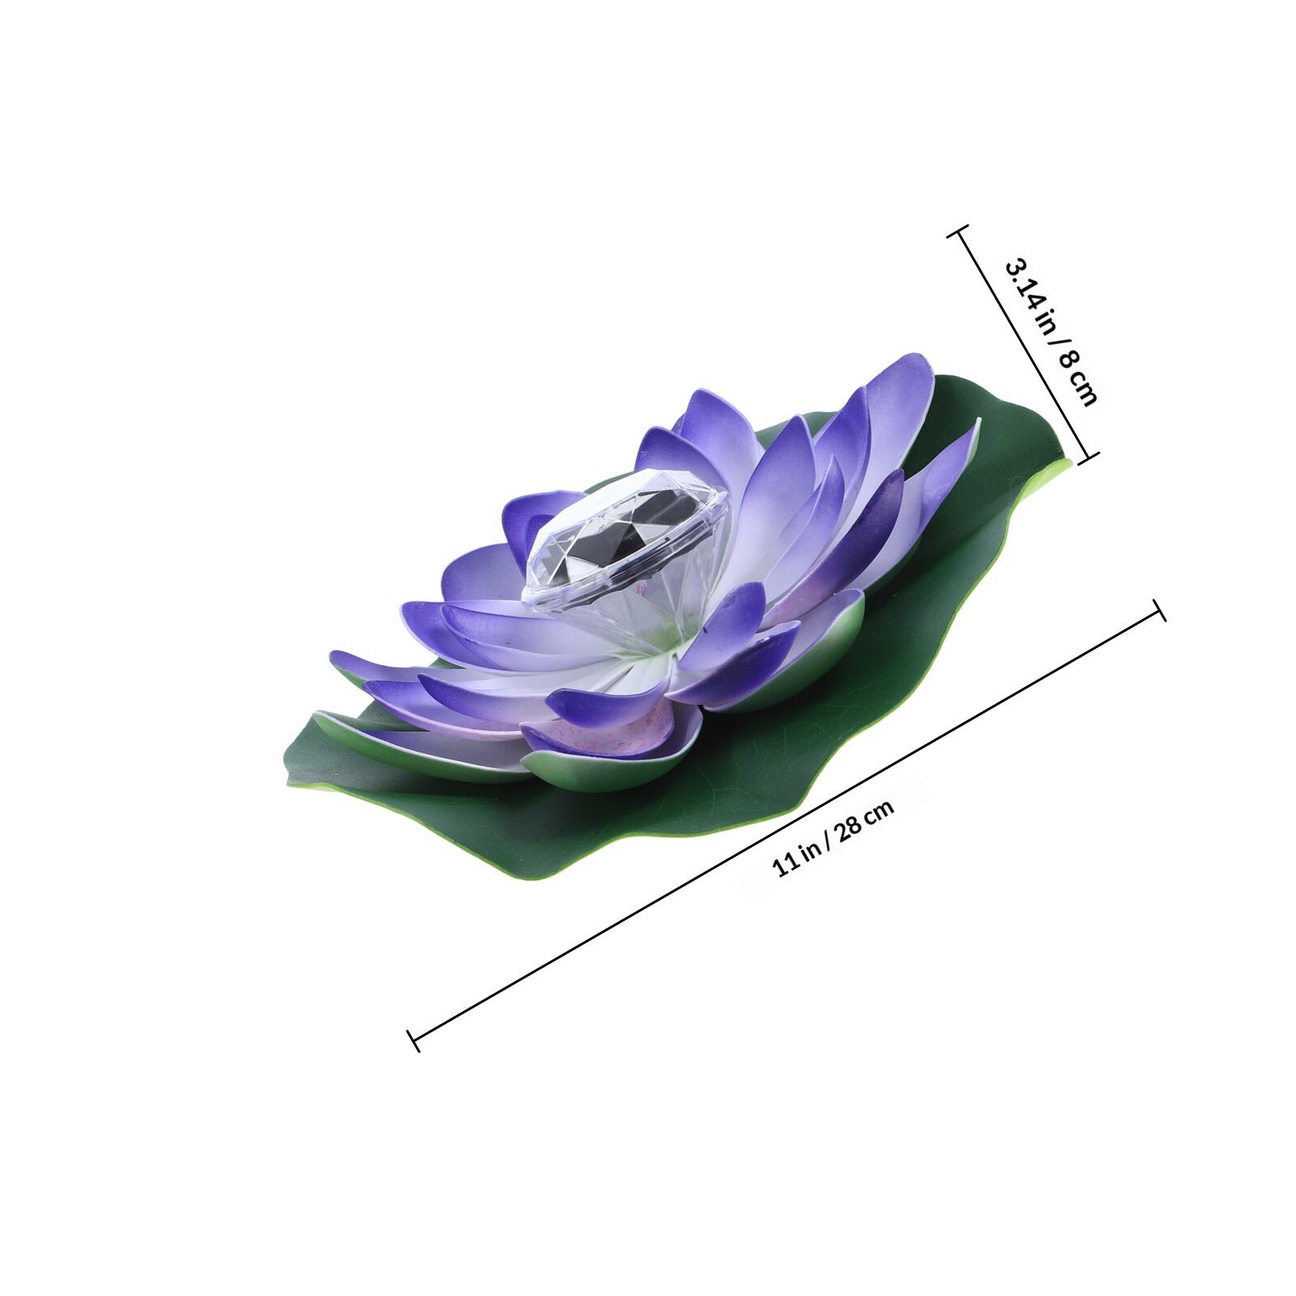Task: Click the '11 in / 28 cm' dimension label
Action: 833,838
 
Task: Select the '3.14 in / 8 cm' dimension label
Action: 1051,332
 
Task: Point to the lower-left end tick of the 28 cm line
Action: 413,1040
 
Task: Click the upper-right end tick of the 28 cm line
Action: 1159,610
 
